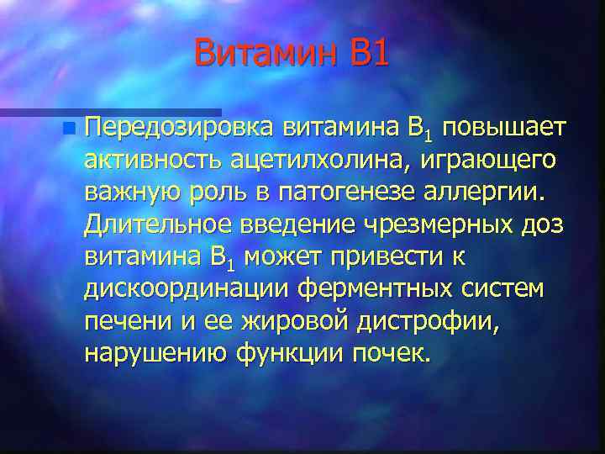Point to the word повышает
pos(505,129)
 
